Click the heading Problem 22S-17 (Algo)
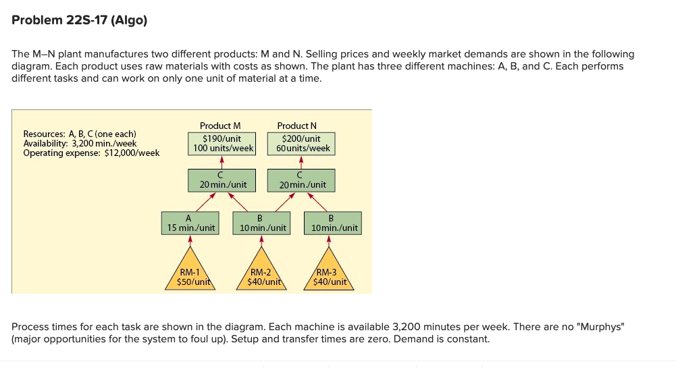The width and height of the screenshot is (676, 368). [79, 20]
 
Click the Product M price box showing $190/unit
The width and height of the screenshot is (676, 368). [222, 144]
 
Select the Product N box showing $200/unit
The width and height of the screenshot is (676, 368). [301, 144]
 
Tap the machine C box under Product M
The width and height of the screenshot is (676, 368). [222, 180]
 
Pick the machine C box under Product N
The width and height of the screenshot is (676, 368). [301, 180]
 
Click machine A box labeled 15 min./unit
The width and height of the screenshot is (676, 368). [190, 223]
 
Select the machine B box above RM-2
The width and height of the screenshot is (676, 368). [261, 223]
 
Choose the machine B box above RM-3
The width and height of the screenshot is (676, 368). [333, 223]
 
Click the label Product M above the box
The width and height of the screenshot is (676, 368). [220, 126]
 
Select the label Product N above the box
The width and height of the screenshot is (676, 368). [297, 126]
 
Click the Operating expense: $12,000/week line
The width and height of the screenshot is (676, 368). [91, 153]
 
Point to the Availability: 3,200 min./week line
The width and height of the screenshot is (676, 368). [80, 144]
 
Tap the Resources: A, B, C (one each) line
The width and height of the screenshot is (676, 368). [80, 134]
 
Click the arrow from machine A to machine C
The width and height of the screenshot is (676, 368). [206, 202]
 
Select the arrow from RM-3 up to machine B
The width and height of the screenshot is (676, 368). [329, 240]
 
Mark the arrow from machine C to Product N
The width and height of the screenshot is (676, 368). [301, 162]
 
